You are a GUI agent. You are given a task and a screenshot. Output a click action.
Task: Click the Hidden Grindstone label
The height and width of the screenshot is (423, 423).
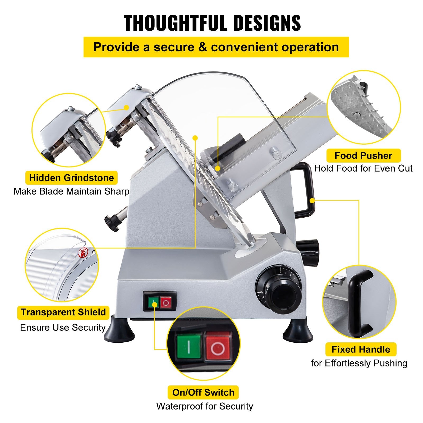coord(71,178)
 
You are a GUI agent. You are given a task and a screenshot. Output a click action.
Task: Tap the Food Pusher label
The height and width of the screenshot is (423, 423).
coord(363,155)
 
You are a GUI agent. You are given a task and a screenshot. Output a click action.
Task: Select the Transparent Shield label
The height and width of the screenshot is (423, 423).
coord(63,312)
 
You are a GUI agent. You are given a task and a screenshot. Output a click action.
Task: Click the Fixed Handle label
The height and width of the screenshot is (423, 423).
coord(361,349)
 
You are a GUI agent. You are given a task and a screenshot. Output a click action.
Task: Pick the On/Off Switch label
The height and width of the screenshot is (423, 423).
coord(203,392)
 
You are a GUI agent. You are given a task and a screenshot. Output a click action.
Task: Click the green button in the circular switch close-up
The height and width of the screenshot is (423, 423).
coord(188,347)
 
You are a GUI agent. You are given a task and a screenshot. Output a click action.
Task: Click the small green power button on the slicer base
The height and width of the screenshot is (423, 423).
coord(153,302)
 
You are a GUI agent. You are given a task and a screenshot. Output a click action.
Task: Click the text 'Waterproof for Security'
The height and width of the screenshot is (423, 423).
coord(205,406)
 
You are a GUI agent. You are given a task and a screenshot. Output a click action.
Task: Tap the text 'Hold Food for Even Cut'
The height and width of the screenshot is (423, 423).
coord(363,168)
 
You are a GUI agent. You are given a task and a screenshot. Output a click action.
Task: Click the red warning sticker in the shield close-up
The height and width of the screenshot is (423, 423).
coord(82,254)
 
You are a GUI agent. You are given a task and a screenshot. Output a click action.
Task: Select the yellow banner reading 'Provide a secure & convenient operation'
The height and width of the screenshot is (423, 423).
coord(216,47)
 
